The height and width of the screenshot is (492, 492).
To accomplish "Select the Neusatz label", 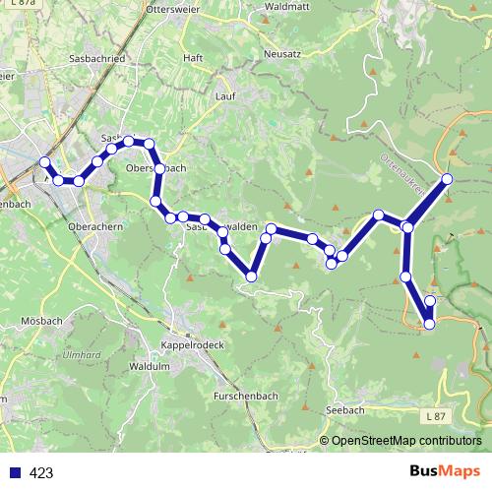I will click(x=282, y=53).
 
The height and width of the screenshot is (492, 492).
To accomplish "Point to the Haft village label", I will click(x=193, y=58).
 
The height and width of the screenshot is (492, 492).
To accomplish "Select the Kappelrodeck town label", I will click(x=192, y=346).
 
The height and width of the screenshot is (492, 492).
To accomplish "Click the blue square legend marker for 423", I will click(x=14, y=472).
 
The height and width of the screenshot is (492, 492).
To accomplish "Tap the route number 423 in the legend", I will click(x=41, y=472).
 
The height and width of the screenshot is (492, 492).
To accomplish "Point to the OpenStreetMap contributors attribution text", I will click(x=406, y=441).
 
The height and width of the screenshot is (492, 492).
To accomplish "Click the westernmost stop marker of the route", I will click(x=43, y=162).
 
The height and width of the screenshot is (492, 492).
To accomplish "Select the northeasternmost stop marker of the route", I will click(x=447, y=179).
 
